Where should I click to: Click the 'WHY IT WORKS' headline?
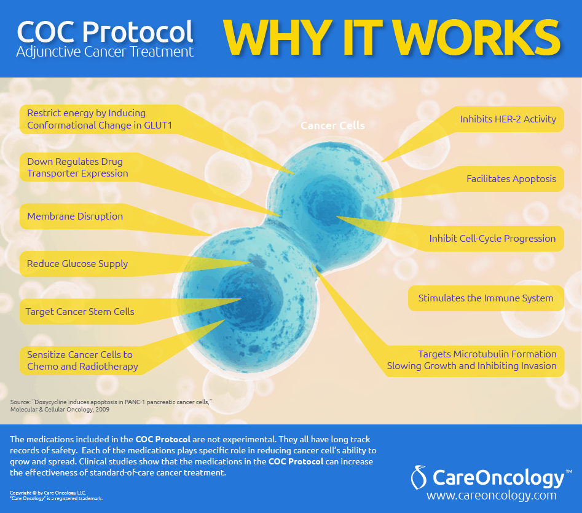tap(392, 38)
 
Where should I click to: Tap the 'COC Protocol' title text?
tap(105, 31)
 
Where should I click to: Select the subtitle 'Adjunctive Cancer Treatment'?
tap(105, 52)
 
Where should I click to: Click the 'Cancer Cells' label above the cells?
tap(332, 125)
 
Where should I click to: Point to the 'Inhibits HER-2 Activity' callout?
tap(508, 119)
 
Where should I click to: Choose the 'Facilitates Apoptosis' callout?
tap(511, 179)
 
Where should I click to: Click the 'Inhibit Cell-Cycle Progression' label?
tap(492, 239)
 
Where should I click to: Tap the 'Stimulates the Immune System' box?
tap(486, 298)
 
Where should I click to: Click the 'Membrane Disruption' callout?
tap(75, 216)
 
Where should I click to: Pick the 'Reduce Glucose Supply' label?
tap(77, 264)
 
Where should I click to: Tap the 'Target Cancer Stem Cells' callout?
tap(80, 312)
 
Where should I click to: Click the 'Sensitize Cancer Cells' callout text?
tap(82, 360)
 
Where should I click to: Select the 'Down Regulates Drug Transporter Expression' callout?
tap(77, 167)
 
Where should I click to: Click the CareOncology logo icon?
tap(419, 477)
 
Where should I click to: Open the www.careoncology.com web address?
tap(492, 496)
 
